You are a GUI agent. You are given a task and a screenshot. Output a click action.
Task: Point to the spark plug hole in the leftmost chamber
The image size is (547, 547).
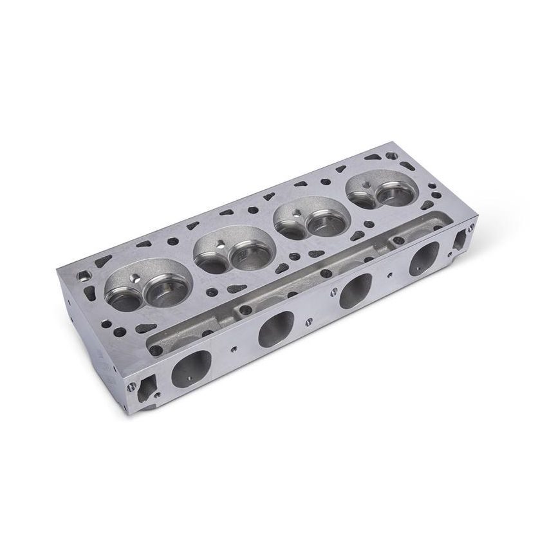click(x=136, y=277)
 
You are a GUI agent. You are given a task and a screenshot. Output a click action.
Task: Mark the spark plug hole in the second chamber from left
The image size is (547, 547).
click(x=221, y=244)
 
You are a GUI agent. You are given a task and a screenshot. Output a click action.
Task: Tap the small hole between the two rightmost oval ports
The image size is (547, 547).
click(x=392, y=273)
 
